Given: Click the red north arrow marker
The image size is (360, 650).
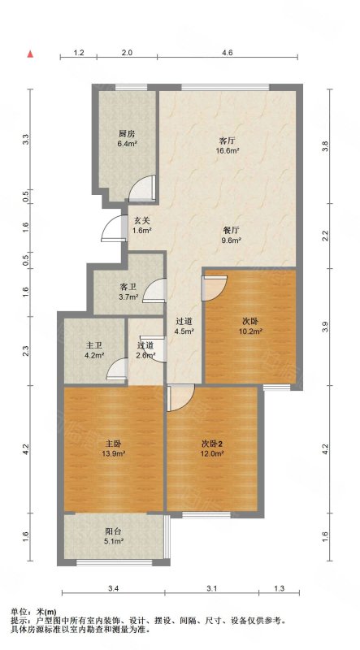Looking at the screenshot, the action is tap(30, 54).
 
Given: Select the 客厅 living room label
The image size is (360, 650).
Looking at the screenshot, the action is tap(227, 140).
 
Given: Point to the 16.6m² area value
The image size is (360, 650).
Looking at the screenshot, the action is tap(227, 150).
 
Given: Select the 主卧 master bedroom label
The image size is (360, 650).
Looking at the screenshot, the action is tap(114, 443).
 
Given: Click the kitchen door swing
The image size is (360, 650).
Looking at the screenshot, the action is tap(142, 188).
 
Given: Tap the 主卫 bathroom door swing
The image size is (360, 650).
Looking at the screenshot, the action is tap(116, 369).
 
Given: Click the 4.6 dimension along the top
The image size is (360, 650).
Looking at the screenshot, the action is tap(228, 53).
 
